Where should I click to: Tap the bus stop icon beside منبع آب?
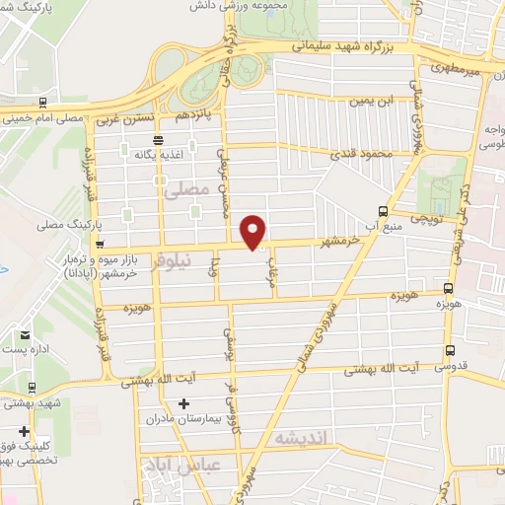coord(383,209)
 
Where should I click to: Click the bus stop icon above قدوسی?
coord(450,350)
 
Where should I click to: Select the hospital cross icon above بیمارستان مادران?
coord(183,403)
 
